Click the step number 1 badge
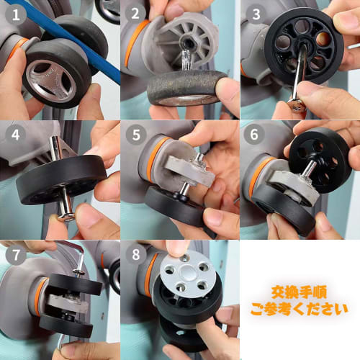click(14, 13)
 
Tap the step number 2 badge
click(134, 13)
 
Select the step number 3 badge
click(254, 13)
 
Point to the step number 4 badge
click(14, 133)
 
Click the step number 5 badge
click(134, 133)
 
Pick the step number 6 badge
click(254, 133)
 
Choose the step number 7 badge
click(14, 253)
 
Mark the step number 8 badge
click(134, 253)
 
